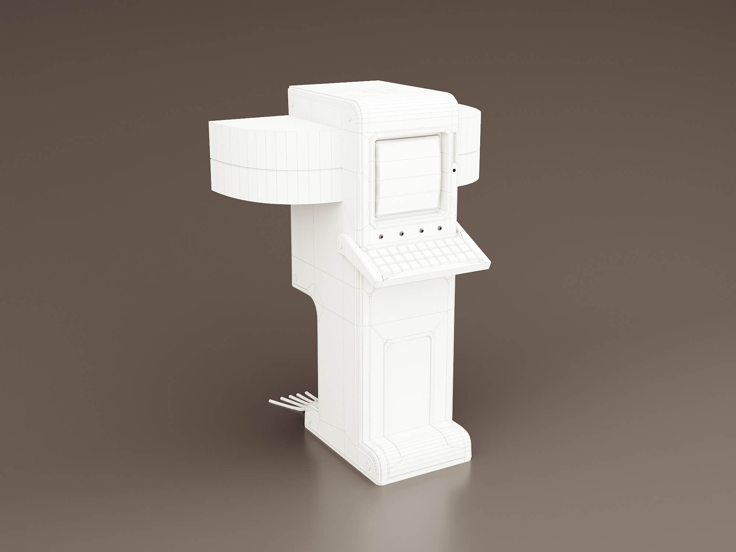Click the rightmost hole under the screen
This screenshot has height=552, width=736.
pyautogui.click(x=439, y=228)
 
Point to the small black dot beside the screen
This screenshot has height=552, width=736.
pyautogui.click(x=454, y=170)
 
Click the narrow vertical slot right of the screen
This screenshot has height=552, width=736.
pyautogui.click(x=454, y=147)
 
